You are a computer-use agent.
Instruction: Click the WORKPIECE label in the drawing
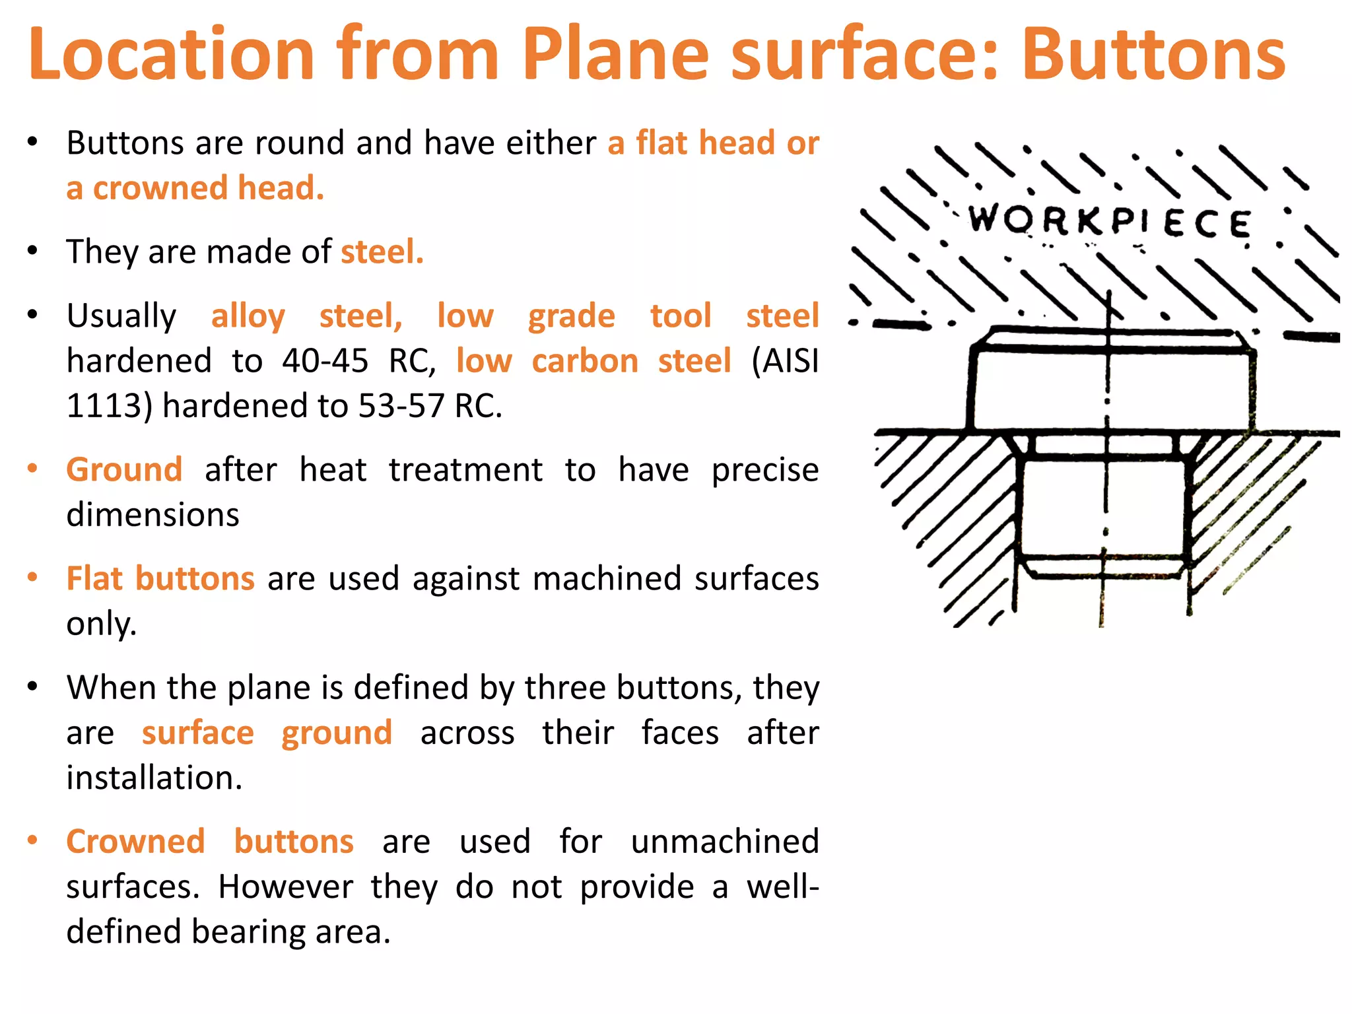tap(1109, 221)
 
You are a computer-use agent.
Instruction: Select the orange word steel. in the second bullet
tap(382, 252)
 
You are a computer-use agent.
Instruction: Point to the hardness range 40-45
tap(325, 361)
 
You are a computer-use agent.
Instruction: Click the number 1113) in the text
tap(110, 406)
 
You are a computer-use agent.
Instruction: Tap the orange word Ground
tap(124, 470)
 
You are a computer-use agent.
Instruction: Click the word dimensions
tap(152, 515)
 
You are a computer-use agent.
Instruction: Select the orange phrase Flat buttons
tap(160, 579)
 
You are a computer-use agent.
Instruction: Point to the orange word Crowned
tap(135, 842)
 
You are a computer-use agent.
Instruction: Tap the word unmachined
tap(724, 842)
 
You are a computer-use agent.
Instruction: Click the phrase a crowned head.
tap(195, 188)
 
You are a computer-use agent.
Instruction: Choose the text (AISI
tap(785, 361)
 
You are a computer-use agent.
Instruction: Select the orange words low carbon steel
tap(593, 361)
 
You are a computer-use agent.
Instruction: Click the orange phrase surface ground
tap(267, 733)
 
